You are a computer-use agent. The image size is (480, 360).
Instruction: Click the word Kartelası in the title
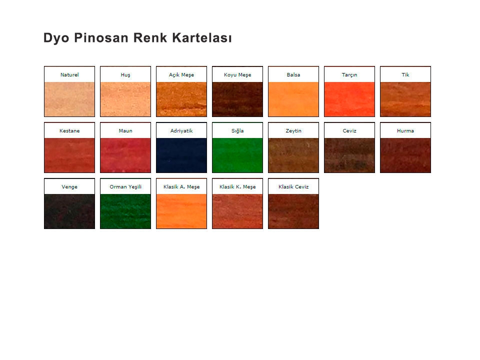[201, 38]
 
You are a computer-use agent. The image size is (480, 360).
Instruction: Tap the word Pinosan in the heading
[101, 38]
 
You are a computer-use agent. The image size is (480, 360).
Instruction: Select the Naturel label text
[69, 74]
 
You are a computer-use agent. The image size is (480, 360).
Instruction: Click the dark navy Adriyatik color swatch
[181, 155]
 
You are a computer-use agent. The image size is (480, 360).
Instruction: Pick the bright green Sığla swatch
[237, 155]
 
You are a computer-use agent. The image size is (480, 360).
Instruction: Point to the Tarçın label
[349, 75]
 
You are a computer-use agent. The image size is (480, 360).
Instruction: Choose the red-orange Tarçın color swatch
[349, 99]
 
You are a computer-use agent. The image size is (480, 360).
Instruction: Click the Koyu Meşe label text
[237, 75]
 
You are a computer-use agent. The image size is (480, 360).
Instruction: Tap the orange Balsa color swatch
[293, 99]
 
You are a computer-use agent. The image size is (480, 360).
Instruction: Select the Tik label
[405, 74]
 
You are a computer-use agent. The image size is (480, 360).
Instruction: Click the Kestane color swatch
[69, 155]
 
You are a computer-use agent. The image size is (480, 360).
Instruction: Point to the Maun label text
[125, 130]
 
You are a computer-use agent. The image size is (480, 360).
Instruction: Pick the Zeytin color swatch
[293, 155]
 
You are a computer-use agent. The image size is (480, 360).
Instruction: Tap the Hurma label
[405, 130]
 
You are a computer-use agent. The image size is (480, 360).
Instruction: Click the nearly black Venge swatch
[69, 211]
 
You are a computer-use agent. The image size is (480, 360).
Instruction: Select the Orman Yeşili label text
[125, 187]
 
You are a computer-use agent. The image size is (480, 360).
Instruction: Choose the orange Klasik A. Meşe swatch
[181, 211]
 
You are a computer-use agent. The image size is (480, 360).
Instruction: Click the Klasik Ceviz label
[293, 186]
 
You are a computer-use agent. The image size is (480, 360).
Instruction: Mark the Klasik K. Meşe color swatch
[237, 211]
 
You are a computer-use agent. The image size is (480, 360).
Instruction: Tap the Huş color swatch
[125, 99]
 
